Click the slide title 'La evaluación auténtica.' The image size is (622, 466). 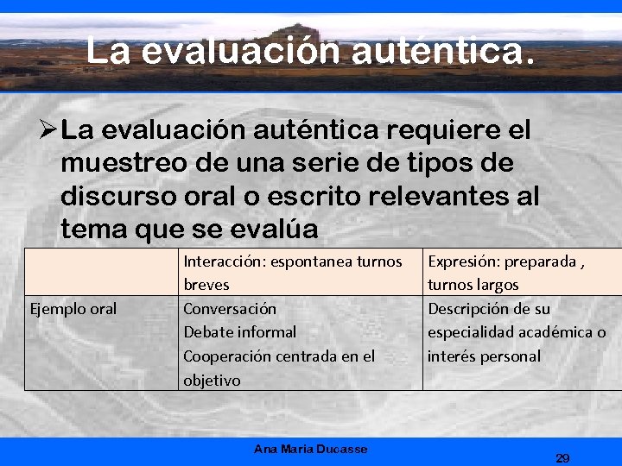(310, 51)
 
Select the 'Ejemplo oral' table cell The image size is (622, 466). (73, 309)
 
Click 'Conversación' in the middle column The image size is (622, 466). (230, 309)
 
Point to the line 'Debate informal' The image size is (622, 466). (239, 332)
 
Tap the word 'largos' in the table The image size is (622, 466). (496, 285)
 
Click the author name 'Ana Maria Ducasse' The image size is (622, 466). (310, 449)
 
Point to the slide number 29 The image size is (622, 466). (562, 458)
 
